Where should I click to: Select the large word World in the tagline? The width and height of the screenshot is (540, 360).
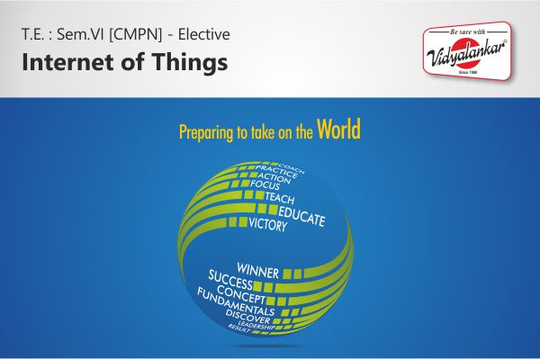339,130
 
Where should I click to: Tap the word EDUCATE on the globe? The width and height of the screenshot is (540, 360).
301,215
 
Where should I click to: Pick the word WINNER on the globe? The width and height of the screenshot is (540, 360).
257,269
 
